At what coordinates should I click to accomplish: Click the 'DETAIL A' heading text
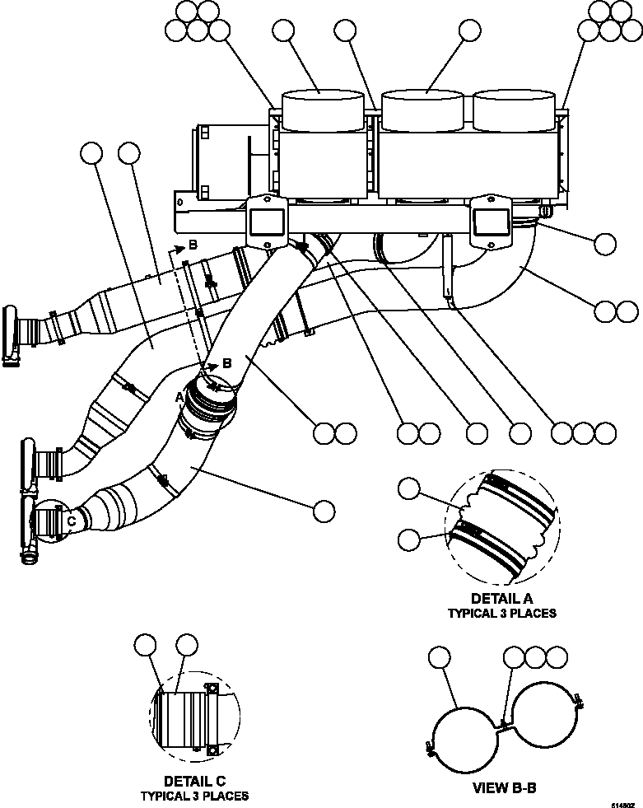click(501, 598)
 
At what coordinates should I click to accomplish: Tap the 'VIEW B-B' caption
click(504, 787)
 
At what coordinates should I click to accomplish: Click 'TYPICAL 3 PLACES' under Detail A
click(501, 613)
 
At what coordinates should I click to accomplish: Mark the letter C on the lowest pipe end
click(71, 521)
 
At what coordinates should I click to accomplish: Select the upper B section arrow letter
click(192, 245)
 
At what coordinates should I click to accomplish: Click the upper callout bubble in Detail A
click(409, 488)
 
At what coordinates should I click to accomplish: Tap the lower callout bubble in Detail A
click(409, 539)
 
